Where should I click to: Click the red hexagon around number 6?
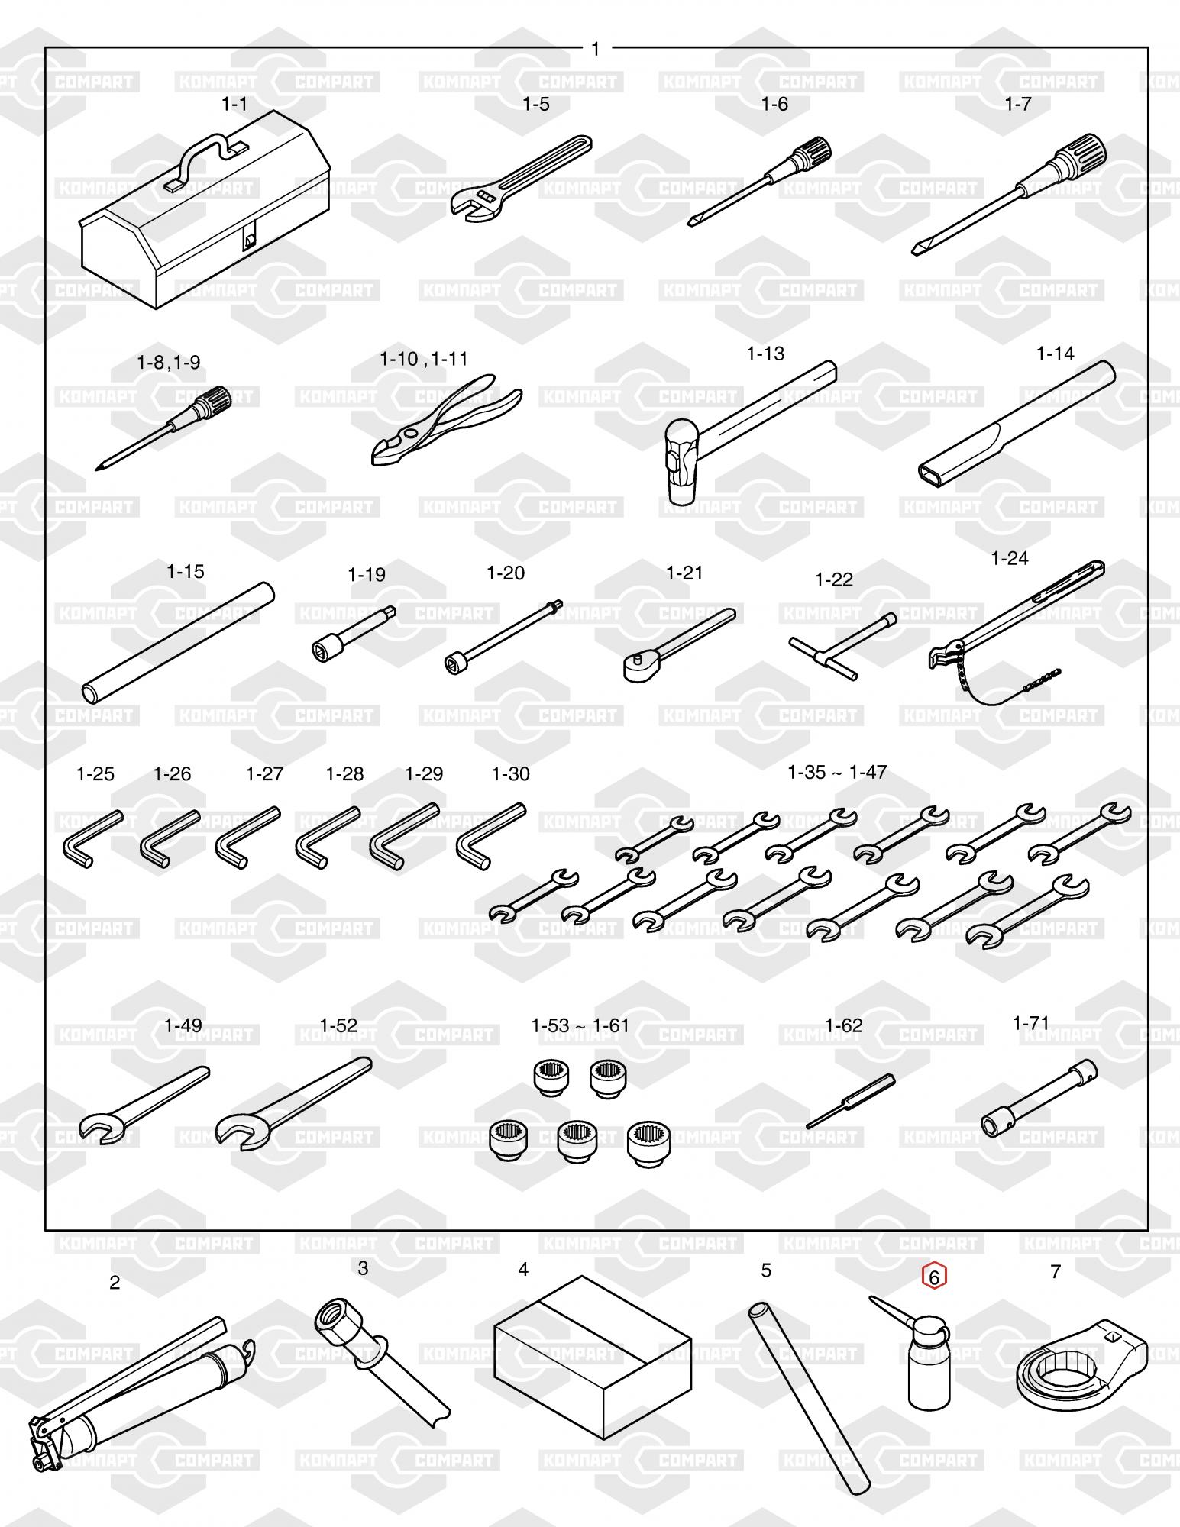(x=934, y=1276)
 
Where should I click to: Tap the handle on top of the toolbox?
(x=205, y=154)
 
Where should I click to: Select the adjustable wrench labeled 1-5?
(x=521, y=178)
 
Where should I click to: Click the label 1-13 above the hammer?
(x=765, y=354)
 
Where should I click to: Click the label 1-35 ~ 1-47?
(x=837, y=773)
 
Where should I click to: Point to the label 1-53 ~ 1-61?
(x=580, y=1025)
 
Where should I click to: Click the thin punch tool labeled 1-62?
(x=850, y=1100)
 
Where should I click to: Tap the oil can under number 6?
(x=923, y=1358)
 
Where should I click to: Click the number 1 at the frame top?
(x=596, y=49)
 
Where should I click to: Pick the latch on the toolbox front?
(x=250, y=238)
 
